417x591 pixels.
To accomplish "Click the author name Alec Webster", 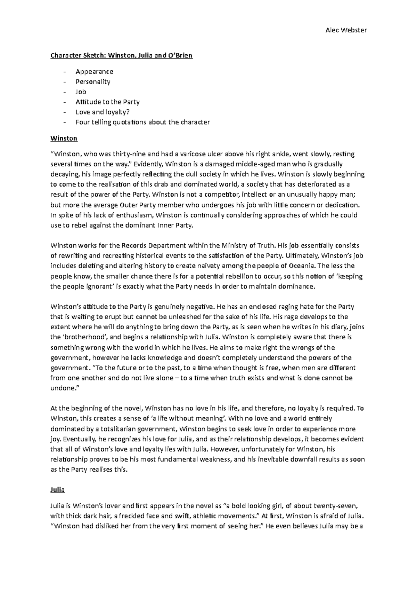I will click(346, 30).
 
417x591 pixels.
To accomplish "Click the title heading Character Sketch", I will click(121, 55).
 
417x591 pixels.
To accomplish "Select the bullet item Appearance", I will click(94, 72).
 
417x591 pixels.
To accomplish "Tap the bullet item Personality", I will click(93, 82).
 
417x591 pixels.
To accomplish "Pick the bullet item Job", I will click(81, 92).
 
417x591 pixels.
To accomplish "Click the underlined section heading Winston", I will click(64, 138).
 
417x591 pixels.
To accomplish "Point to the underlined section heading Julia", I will click(58, 489).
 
